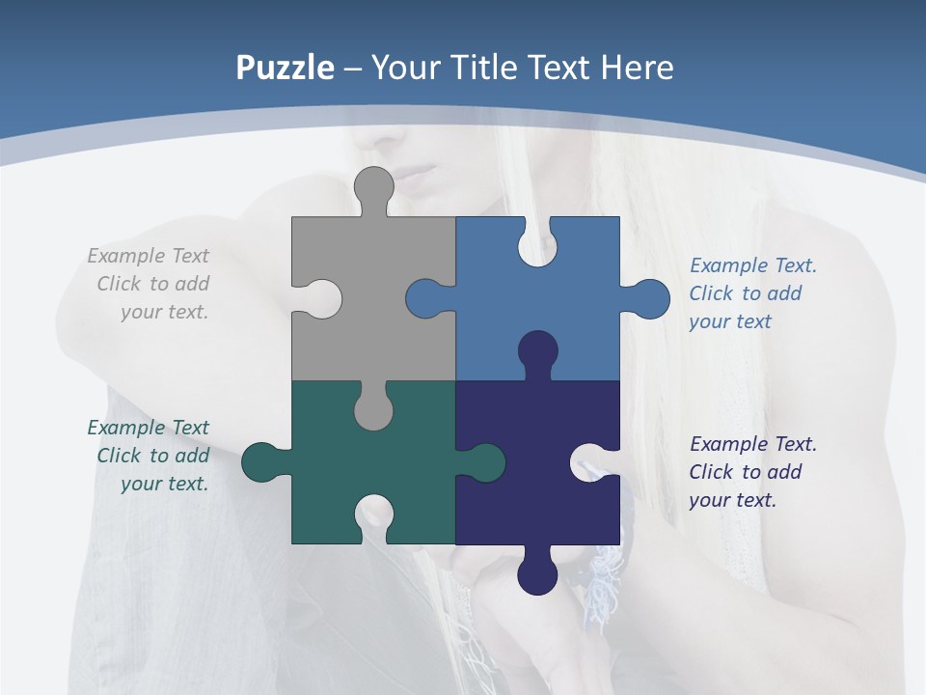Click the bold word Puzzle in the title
[x=286, y=69]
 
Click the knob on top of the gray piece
[x=373, y=187]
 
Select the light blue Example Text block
[x=752, y=293]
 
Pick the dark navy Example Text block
[x=752, y=472]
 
